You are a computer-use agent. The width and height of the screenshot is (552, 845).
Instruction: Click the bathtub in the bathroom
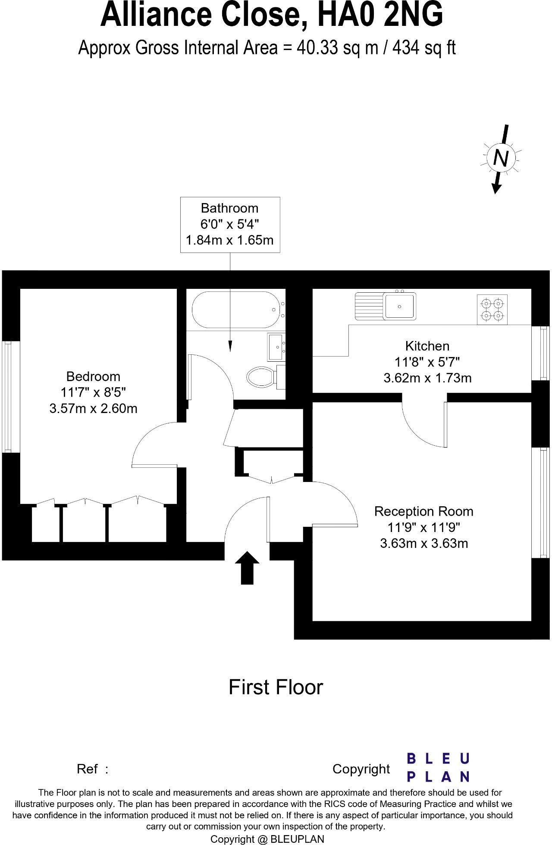pyautogui.click(x=235, y=310)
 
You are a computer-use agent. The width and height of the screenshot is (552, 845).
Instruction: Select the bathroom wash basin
pyautogui.click(x=275, y=347)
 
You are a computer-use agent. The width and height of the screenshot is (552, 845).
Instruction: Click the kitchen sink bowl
pyautogui.click(x=400, y=306)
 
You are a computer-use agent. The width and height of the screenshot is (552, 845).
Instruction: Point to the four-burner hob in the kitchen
pyautogui.click(x=492, y=309)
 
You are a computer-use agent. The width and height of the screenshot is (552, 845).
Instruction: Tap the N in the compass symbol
pyautogui.click(x=500, y=158)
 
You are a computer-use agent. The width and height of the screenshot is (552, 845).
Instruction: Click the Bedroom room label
pyautogui.click(x=93, y=376)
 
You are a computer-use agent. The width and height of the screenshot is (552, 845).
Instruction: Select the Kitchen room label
pyautogui.click(x=427, y=346)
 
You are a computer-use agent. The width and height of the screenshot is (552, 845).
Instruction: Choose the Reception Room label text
pyautogui.click(x=423, y=511)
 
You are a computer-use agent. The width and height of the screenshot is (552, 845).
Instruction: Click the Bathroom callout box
pyautogui.click(x=230, y=224)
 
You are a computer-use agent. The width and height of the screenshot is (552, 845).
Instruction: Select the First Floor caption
pyautogui.click(x=276, y=687)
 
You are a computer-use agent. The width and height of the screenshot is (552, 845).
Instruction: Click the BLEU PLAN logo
pyautogui.click(x=438, y=768)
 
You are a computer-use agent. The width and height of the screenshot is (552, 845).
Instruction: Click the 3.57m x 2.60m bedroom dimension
pyautogui.click(x=93, y=408)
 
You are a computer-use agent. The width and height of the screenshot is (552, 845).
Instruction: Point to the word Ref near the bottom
pyautogui.click(x=87, y=769)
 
